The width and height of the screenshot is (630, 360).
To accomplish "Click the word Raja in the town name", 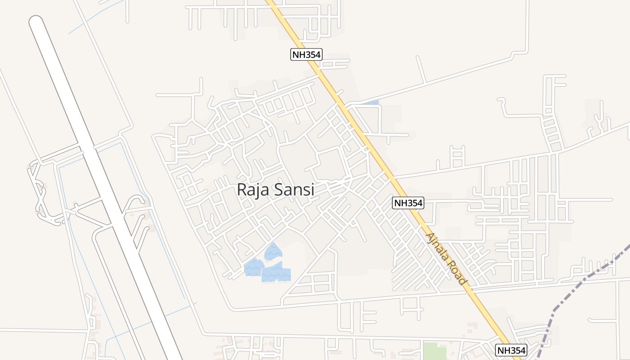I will [253, 189].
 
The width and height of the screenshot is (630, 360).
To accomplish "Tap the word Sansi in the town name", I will [292, 189].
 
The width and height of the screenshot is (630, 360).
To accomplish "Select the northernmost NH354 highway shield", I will [306, 55].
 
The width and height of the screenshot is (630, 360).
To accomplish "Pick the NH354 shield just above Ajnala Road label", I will [408, 203].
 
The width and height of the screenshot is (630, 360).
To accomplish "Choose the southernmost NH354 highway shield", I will [511, 350].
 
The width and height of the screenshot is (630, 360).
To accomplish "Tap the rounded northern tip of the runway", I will [36, 22].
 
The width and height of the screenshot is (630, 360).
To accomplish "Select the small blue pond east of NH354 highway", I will [372, 103].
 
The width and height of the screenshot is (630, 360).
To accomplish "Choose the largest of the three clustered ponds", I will [277, 272].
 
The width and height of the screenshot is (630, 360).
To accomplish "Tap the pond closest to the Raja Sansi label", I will [273, 251].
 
